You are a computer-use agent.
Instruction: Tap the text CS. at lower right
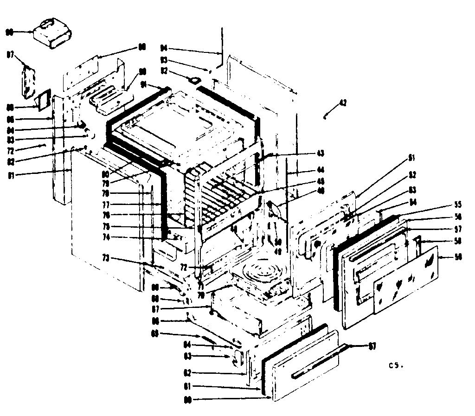395,365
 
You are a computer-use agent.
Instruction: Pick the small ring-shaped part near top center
195,80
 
